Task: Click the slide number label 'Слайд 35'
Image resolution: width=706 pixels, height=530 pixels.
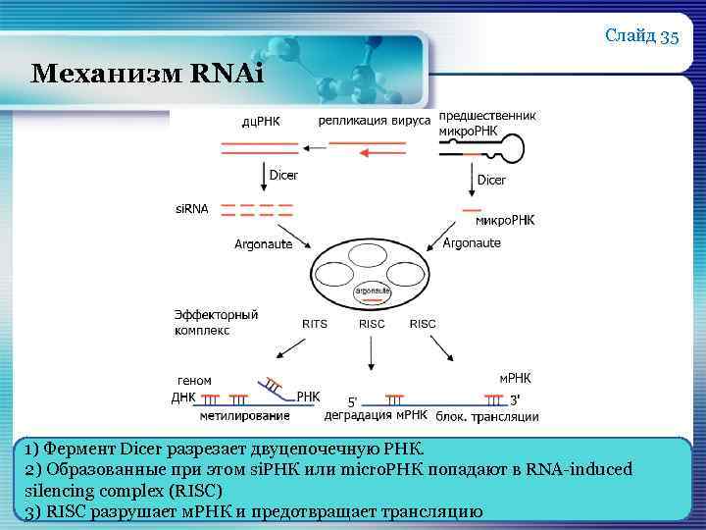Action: (642, 37)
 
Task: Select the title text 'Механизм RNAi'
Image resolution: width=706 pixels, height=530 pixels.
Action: (147, 74)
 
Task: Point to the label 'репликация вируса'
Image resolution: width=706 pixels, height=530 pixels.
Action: (374, 121)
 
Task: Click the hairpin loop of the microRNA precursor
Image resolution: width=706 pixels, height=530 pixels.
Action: (510, 148)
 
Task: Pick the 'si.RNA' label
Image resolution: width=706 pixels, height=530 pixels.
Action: (192, 209)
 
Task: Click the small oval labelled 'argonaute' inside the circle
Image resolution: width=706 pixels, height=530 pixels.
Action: (373, 291)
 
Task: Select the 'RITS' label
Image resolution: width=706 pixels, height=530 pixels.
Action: (315, 323)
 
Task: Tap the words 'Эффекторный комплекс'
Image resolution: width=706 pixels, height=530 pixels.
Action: (216, 322)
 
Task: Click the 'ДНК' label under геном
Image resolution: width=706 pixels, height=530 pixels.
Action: (183, 397)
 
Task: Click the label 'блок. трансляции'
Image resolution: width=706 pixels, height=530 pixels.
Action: (487, 416)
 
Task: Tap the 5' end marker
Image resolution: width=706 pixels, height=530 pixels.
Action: (354, 400)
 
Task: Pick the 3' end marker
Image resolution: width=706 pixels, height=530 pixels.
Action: (515, 398)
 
